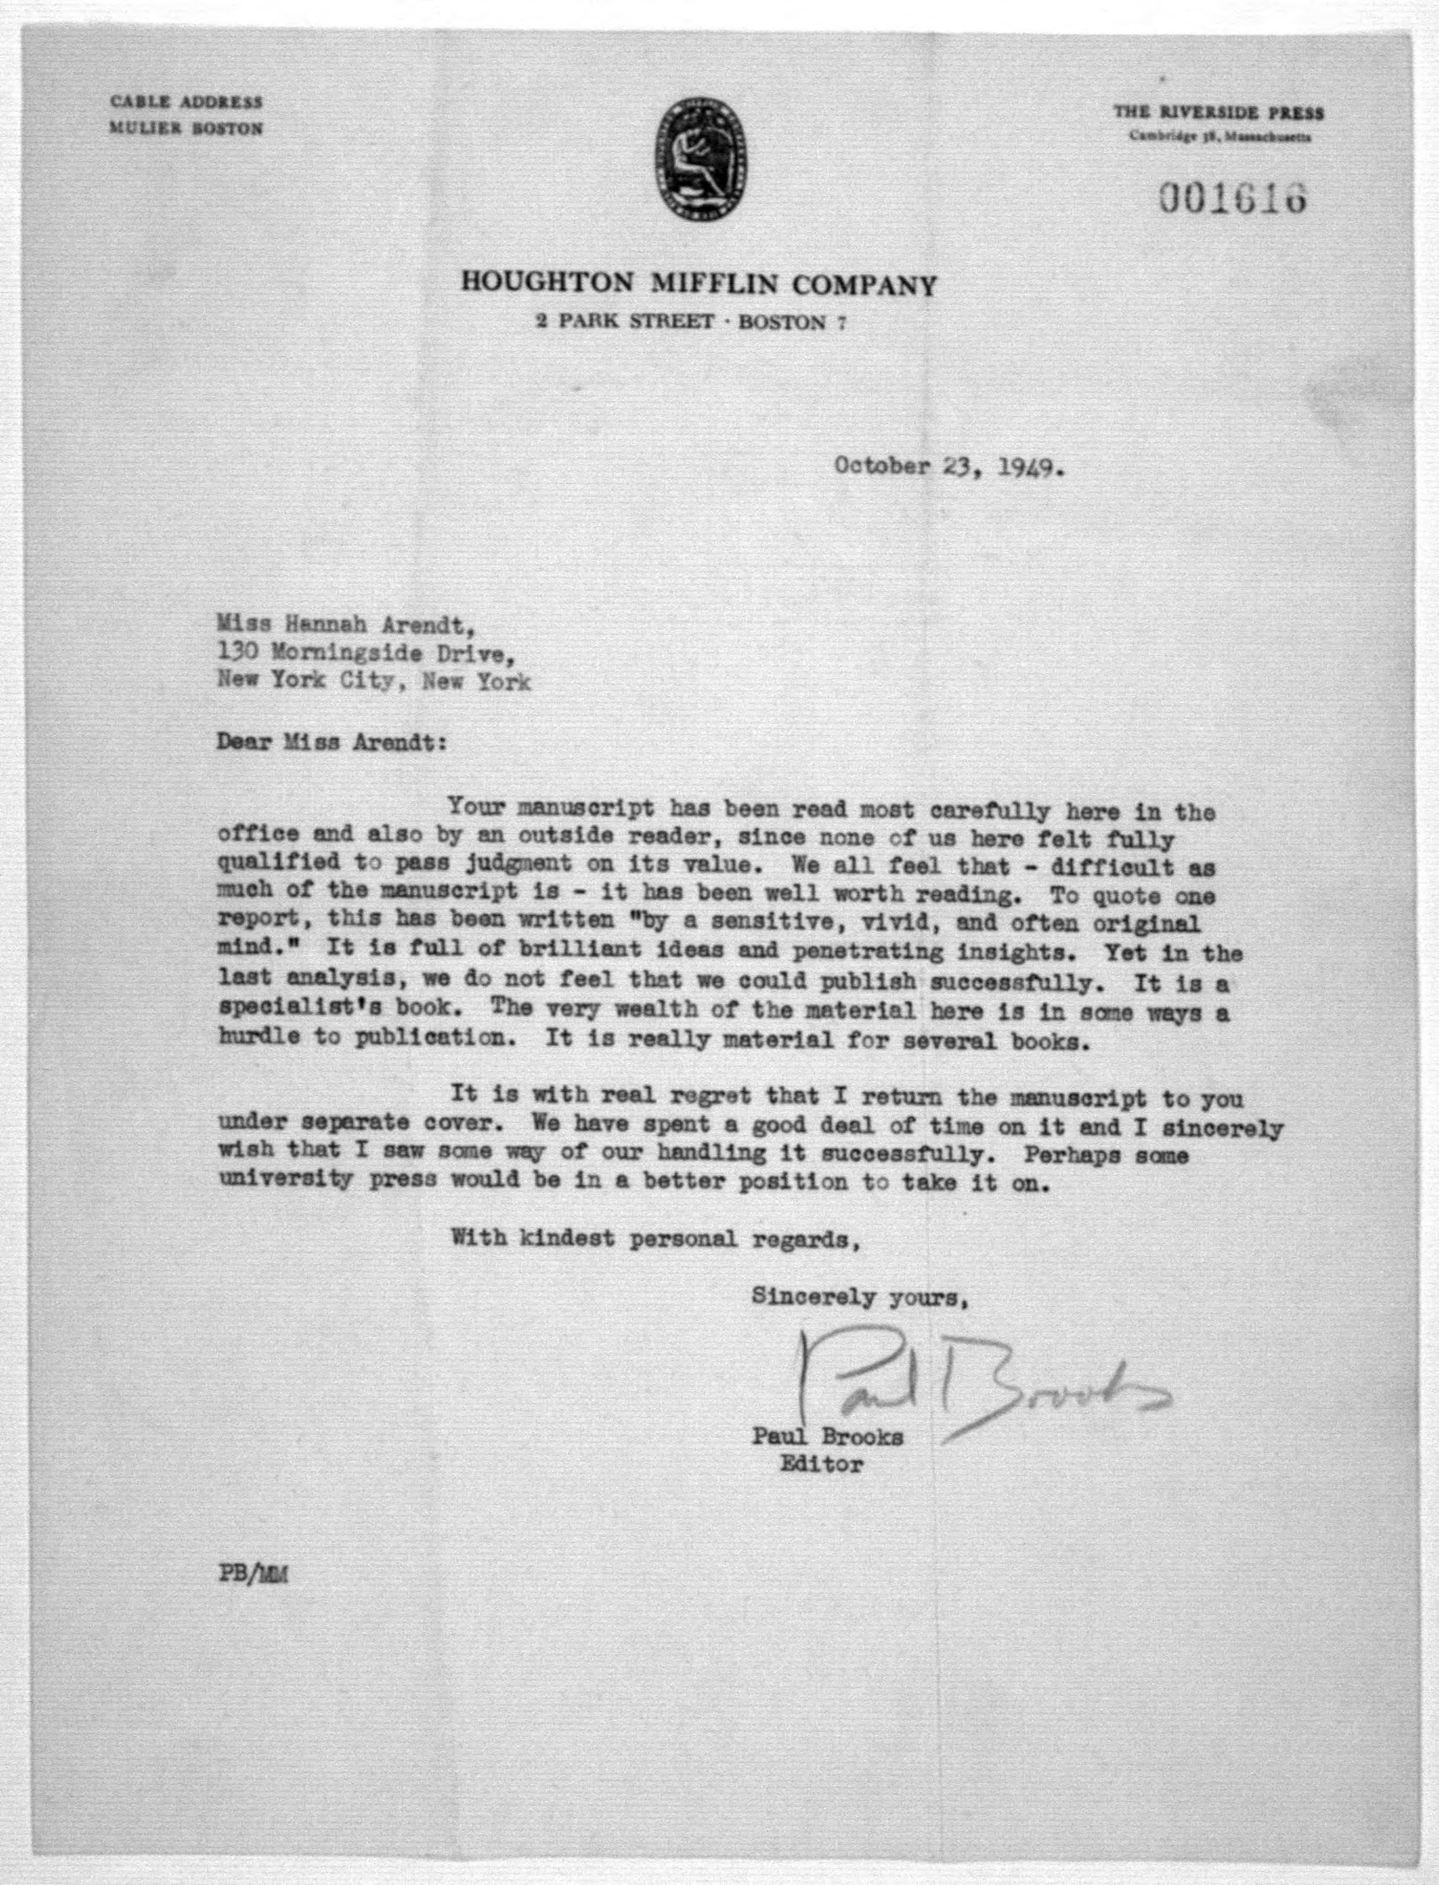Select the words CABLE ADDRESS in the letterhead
(186, 102)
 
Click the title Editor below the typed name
(820, 1465)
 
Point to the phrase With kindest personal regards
(655, 1239)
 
